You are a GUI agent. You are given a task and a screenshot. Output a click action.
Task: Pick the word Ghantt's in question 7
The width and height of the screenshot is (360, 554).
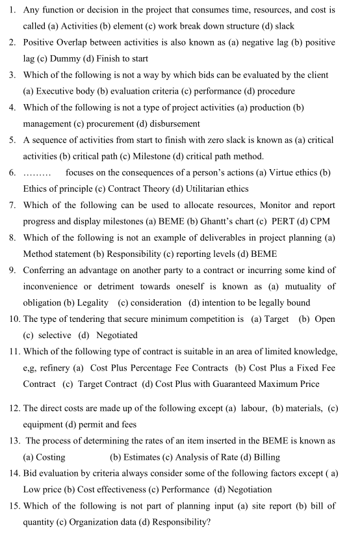coord(185,221)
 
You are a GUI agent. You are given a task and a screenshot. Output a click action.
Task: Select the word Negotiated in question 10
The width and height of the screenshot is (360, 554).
coord(117,335)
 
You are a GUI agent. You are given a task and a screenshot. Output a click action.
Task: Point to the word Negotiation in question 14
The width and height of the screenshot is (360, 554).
coord(248,489)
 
